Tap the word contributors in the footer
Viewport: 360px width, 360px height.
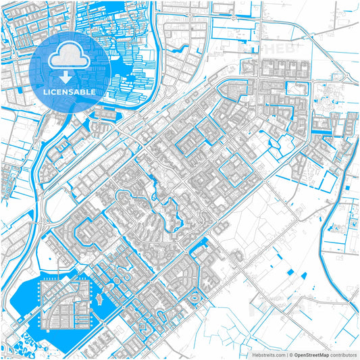point(342,354)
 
